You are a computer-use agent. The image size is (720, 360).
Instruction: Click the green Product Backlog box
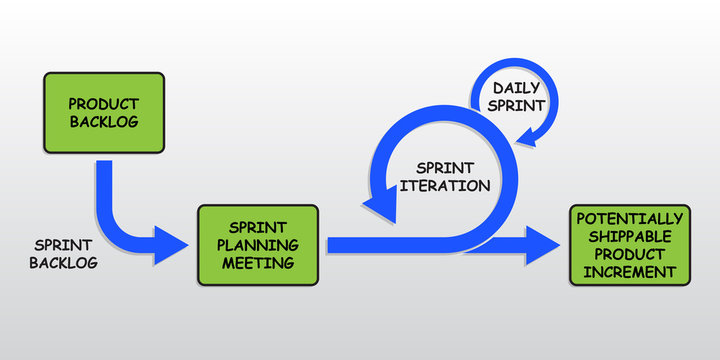103,112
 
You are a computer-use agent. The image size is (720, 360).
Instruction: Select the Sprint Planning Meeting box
258,244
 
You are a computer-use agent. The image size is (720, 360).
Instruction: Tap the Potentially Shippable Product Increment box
630,244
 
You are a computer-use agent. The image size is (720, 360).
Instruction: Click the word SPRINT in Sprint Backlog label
64,243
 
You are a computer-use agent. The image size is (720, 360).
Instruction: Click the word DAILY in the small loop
517,88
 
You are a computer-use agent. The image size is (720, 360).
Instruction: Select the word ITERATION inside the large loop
452,185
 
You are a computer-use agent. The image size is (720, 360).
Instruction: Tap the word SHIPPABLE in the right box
630,235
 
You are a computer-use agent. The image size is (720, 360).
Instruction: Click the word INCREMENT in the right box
630,271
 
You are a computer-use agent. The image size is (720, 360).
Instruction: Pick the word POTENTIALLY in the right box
630,217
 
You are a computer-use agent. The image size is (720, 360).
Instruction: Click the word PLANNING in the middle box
258,245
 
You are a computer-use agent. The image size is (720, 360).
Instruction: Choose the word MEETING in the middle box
258,263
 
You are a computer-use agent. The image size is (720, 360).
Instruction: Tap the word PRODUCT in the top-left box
103,103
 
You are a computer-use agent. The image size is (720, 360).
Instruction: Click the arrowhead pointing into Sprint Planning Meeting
171,244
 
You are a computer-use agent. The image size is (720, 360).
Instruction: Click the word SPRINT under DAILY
517,105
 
